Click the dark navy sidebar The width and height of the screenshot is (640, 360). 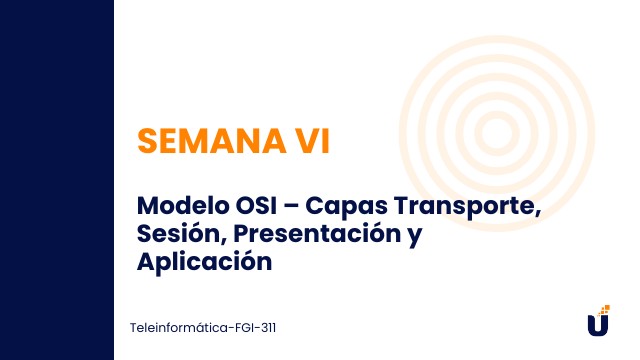[x=56, y=180]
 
